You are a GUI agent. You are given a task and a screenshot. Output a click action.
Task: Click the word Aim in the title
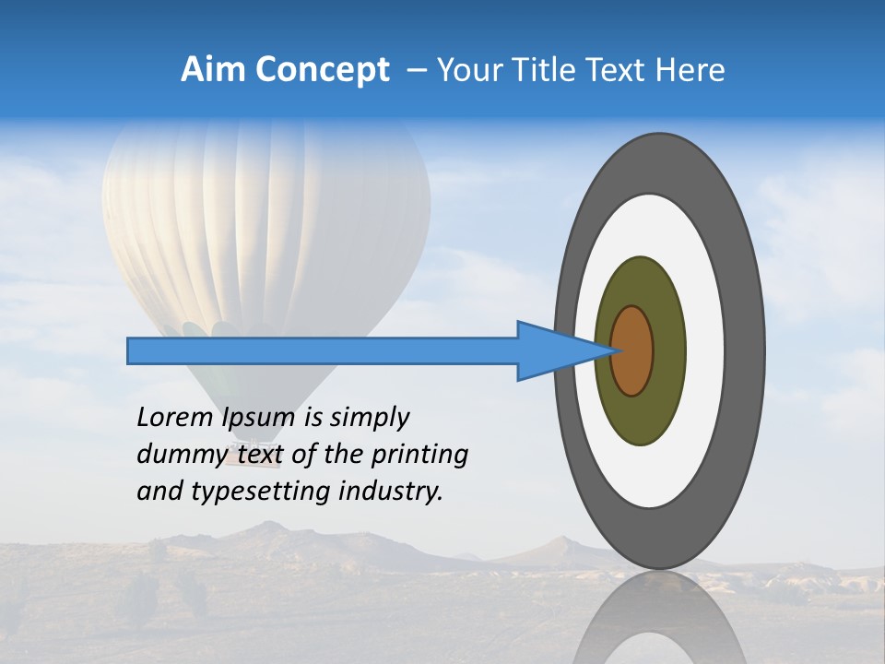pos(213,70)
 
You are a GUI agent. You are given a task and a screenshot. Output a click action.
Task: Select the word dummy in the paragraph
pos(181,455)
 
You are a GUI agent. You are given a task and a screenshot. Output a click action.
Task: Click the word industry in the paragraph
pos(391,492)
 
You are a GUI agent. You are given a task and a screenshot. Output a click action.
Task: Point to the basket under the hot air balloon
pos(242,449)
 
